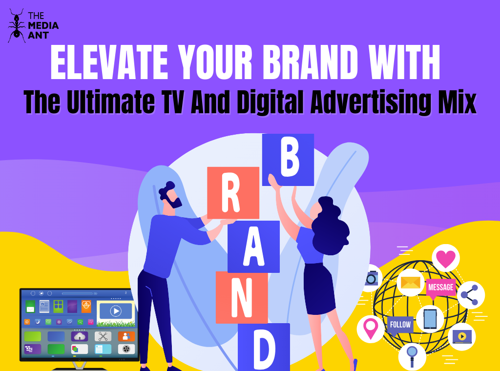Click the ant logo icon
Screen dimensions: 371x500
point(16,26)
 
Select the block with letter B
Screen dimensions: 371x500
point(288,160)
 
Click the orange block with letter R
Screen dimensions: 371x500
point(233,193)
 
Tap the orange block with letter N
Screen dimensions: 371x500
point(242,297)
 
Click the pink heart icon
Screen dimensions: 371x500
point(446,258)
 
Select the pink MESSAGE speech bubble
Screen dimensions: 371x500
point(440,288)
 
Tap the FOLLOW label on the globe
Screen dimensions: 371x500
point(401,325)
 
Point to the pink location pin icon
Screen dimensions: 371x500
point(371,329)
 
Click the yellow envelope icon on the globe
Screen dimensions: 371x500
point(410,283)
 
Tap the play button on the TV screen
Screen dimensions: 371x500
point(115,311)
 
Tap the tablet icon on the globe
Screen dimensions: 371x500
point(430,319)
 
